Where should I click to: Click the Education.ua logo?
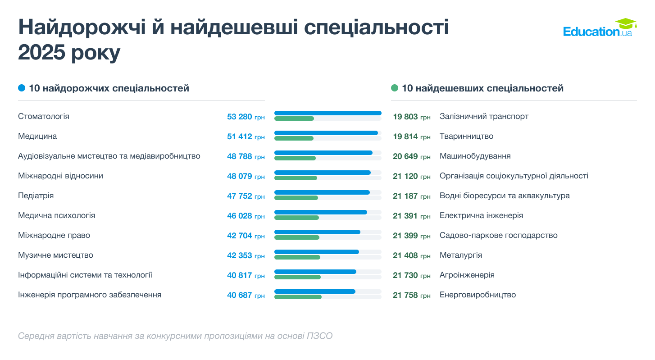(x=599, y=28)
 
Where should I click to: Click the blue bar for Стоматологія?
(x=327, y=113)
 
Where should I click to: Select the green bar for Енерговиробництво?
(x=298, y=297)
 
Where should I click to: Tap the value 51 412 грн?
(x=246, y=137)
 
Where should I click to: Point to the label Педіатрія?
(x=36, y=196)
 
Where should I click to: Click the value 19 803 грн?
(x=411, y=117)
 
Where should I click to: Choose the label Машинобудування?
(x=475, y=156)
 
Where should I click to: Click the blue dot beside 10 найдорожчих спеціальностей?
(x=22, y=88)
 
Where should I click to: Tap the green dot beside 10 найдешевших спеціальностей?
(x=395, y=88)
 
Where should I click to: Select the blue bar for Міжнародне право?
(x=317, y=232)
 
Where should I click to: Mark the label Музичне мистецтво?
(x=55, y=255)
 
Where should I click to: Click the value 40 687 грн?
(x=246, y=295)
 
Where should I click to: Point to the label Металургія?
(x=460, y=255)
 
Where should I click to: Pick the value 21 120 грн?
(x=411, y=176)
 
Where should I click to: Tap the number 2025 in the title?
(x=41, y=53)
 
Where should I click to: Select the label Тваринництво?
(x=466, y=136)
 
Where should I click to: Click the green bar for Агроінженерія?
(x=297, y=277)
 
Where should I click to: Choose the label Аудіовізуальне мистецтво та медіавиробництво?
(x=109, y=156)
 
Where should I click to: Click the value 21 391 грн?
(x=411, y=216)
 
